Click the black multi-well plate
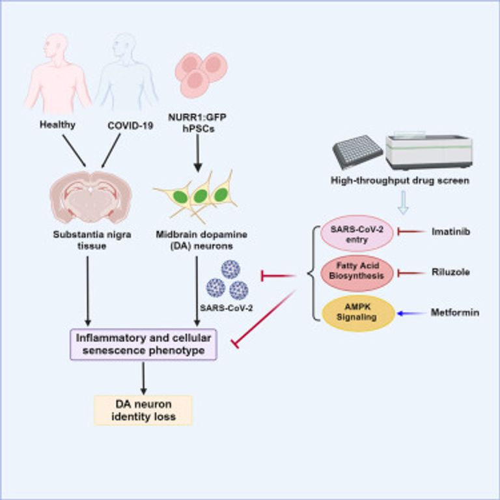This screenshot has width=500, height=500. coord(357,152)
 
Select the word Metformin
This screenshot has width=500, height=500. coord(455,313)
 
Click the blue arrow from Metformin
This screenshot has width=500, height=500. coord(411,314)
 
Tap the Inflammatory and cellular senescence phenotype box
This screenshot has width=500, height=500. coord(144,344)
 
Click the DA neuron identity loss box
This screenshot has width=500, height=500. coord(143,410)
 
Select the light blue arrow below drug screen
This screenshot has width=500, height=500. coord(404,203)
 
